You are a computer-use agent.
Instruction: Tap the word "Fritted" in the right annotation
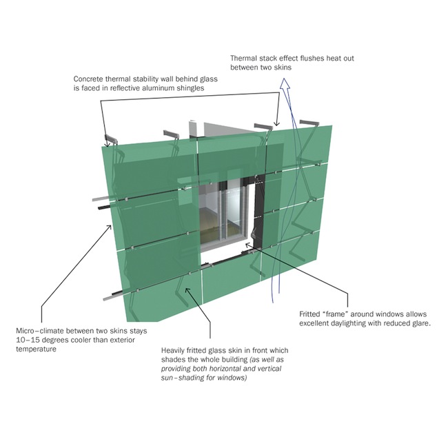click(x=310, y=314)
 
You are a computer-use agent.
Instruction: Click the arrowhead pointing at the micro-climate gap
click(x=109, y=227)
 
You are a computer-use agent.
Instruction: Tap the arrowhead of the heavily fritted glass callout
click(x=187, y=290)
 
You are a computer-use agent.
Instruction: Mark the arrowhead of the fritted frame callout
click(x=248, y=245)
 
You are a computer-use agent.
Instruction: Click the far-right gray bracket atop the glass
click(x=309, y=123)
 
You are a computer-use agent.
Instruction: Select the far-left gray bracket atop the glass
click(x=112, y=139)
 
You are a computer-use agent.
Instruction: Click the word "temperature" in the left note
click(x=36, y=349)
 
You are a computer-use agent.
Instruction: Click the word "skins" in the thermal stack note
click(x=283, y=68)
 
